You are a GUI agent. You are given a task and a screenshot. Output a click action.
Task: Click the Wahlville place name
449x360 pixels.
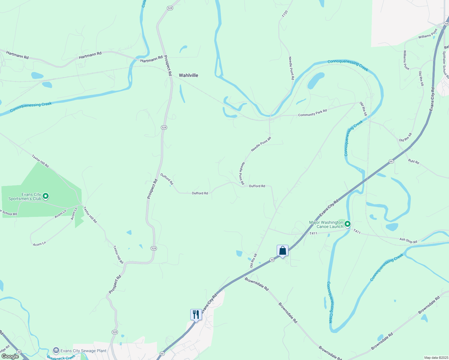point(188,75)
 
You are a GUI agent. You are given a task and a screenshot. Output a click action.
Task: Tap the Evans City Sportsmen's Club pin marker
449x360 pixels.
point(46,196)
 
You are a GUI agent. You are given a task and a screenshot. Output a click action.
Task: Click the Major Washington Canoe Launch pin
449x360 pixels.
point(348,224)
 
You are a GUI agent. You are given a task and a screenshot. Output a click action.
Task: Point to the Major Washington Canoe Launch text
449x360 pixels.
point(326,224)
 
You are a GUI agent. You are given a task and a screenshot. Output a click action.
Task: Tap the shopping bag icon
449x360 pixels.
point(282,250)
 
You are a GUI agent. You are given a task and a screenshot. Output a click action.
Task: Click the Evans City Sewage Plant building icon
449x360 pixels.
point(56,350)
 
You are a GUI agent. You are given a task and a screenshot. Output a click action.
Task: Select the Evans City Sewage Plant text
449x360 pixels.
point(83,351)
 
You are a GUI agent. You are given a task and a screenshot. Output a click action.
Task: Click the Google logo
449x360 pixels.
point(10,356)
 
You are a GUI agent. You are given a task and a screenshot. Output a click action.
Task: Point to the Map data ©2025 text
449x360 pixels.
point(436,358)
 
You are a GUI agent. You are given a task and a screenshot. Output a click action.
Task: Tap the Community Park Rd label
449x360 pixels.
point(312,113)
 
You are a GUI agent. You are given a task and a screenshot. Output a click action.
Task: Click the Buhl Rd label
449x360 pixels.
point(414,161)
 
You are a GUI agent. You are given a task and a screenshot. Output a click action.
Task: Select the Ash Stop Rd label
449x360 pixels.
point(408,241)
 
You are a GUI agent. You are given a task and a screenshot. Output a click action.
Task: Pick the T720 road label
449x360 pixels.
point(285,14)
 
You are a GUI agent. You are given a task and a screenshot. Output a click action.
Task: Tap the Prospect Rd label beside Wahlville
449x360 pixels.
point(167,65)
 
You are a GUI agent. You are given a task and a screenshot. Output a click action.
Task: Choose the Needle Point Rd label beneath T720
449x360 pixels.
point(291,68)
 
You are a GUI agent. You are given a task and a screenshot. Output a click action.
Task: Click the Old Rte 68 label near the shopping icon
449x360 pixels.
point(254,260)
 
